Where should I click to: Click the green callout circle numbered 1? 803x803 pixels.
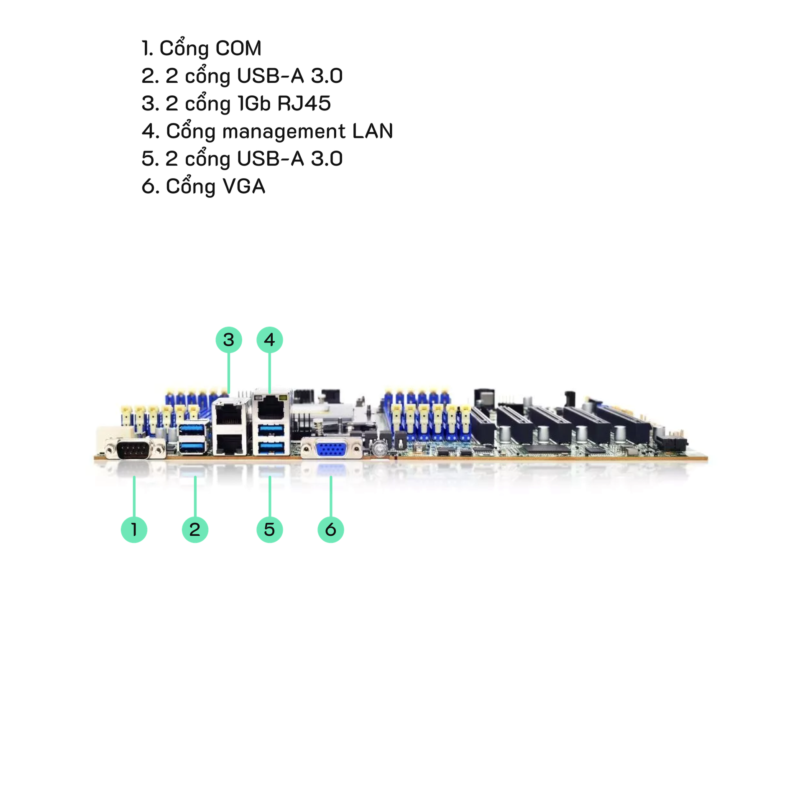click(134, 529)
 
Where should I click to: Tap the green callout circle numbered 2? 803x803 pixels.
click(195, 529)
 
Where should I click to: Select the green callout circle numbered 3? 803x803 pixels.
click(228, 340)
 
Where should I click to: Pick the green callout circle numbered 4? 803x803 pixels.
click(270, 340)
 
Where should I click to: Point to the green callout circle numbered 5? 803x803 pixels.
click(270, 529)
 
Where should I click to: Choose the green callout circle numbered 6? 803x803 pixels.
click(330, 529)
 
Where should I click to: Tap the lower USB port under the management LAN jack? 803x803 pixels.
click(271, 447)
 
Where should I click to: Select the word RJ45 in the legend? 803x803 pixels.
click(304, 103)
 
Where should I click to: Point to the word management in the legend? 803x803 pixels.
click(284, 131)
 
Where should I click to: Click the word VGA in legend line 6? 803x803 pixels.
click(244, 186)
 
